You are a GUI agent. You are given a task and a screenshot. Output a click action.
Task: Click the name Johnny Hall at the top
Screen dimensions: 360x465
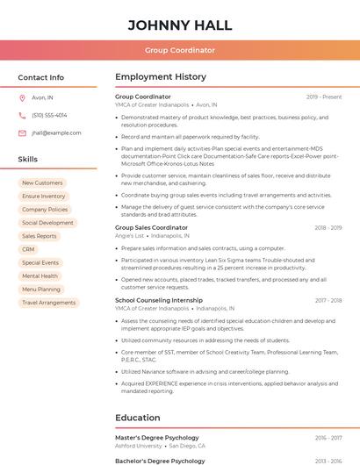(180, 25)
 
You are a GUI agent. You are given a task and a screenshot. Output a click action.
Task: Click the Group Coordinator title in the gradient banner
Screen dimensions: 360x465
(180, 51)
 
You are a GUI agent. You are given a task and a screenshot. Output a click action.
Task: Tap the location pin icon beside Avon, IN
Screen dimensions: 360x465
(22, 98)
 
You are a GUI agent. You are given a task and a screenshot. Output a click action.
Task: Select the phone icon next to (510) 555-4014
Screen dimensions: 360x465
(22, 115)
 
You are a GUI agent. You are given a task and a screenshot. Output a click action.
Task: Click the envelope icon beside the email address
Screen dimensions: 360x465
(22, 133)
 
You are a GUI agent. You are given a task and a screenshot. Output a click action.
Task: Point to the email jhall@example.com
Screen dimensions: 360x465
(56, 133)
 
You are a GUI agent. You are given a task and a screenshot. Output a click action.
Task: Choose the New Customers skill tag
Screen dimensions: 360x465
(42, 183)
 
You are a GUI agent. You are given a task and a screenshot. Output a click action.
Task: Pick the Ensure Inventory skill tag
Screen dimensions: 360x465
(44, 197)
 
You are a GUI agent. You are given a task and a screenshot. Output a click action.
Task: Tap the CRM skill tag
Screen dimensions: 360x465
(28, 249)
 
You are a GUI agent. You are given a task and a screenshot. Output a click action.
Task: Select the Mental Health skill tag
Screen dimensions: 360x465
(40, 275)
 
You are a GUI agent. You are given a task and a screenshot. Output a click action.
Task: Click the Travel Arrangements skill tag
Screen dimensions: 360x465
(48, 303)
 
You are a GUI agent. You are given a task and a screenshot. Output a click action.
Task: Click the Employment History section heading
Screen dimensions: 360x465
(161, 77)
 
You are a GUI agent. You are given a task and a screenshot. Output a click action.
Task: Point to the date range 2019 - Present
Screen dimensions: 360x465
(324, 97)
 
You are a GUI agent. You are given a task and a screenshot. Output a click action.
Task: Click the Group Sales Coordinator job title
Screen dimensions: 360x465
(151, 228)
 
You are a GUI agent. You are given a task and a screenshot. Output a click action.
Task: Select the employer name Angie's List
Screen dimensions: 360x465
(129, 236)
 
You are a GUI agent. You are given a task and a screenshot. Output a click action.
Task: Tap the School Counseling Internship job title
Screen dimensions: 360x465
(159, 300)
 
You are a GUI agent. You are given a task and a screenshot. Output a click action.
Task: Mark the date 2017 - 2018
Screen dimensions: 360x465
(328, 300)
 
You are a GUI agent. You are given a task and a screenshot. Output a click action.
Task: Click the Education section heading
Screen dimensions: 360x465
(137, 418)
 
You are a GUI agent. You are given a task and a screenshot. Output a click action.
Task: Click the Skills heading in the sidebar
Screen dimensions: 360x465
(28, 160)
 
